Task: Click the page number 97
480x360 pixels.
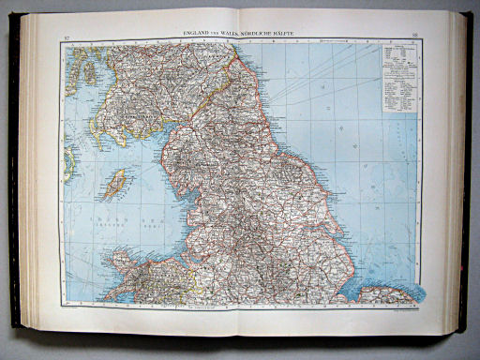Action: click(66, 37)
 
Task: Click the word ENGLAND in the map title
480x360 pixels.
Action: click(200, 34)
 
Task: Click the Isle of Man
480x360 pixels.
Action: click(118, 183)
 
